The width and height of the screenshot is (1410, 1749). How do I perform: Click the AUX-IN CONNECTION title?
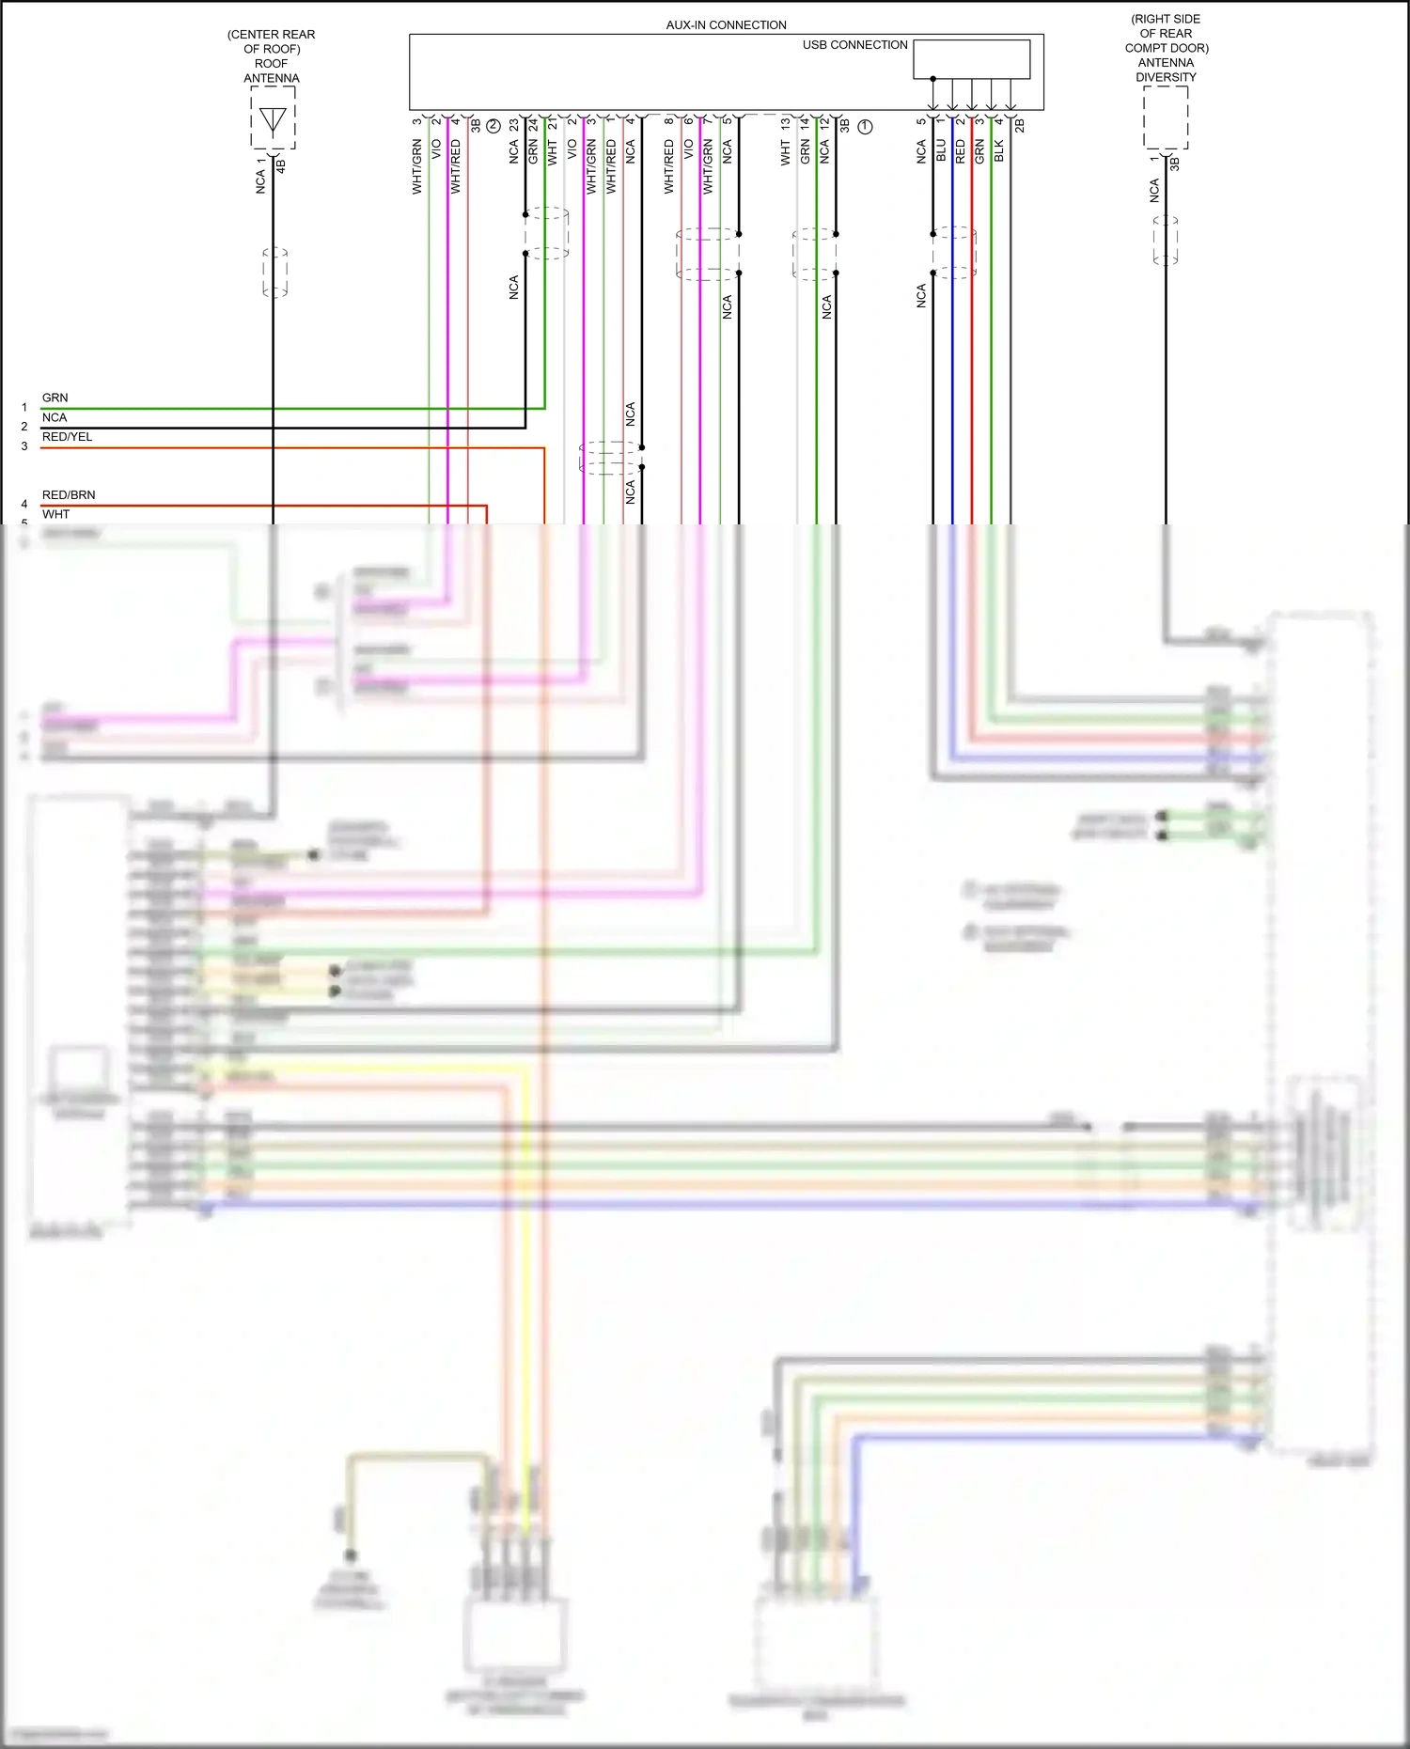click(726, 25)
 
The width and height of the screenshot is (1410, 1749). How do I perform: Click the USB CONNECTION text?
click(854, 45)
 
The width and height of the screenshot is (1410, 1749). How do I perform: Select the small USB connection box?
click(971, 59)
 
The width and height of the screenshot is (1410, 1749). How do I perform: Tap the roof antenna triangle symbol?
click(273, 120)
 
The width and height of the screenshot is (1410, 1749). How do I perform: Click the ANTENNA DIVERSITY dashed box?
click(1166, 117)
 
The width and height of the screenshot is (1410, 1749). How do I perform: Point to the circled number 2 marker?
click(493, 125)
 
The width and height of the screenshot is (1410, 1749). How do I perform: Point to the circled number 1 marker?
click(865, 126)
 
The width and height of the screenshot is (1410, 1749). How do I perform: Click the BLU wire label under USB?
click(941, 150)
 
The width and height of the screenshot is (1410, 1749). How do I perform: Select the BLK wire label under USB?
click(999, 150)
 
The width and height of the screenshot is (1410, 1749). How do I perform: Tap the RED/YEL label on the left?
click(67, 437)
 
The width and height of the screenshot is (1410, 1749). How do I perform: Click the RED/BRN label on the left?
click(69, 495)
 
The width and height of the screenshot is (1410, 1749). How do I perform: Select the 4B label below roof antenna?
click(281, 165)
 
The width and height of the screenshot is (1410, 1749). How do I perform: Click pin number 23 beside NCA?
click(514, 124)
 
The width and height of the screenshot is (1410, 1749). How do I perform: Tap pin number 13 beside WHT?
click(786, 123)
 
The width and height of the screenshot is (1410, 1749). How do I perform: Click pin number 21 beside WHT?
click(553, 124)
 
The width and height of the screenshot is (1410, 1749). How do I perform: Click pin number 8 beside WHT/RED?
click(669, 121)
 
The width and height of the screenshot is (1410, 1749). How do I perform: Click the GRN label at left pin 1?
click(55, 398)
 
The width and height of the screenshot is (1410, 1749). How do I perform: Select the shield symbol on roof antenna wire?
click(274, 273)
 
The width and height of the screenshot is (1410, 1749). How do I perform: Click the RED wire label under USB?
click(961, 151)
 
